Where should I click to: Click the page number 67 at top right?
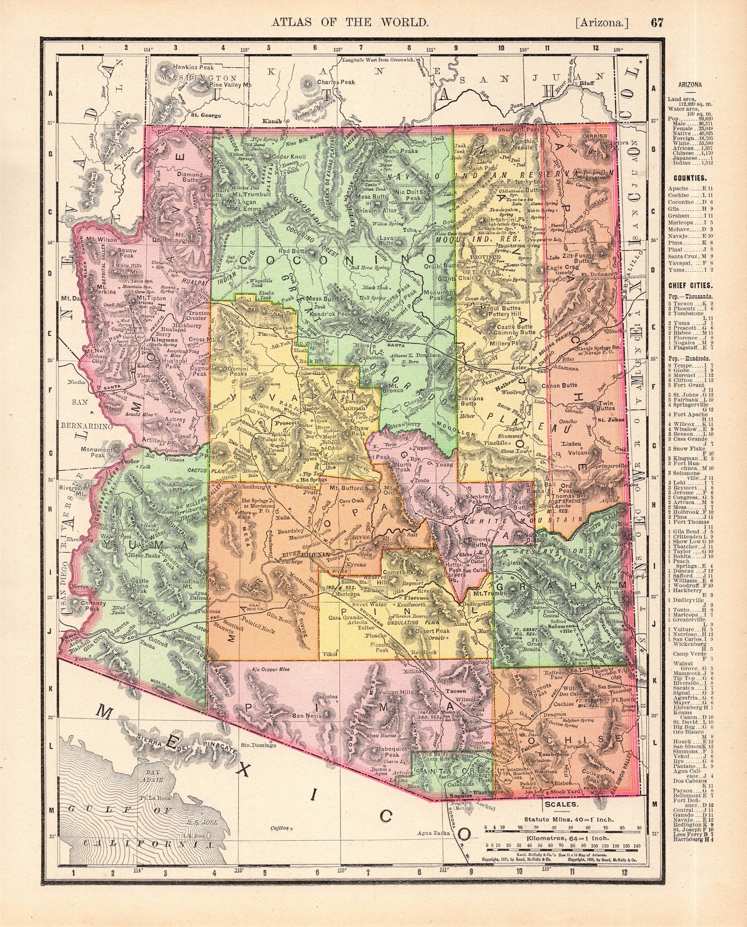point(657,22)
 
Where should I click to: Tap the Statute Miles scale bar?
point(563,827)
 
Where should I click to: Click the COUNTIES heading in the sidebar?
point(690,178)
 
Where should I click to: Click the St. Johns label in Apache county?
point(611,419)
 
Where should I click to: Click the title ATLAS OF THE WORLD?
point(348,22)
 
